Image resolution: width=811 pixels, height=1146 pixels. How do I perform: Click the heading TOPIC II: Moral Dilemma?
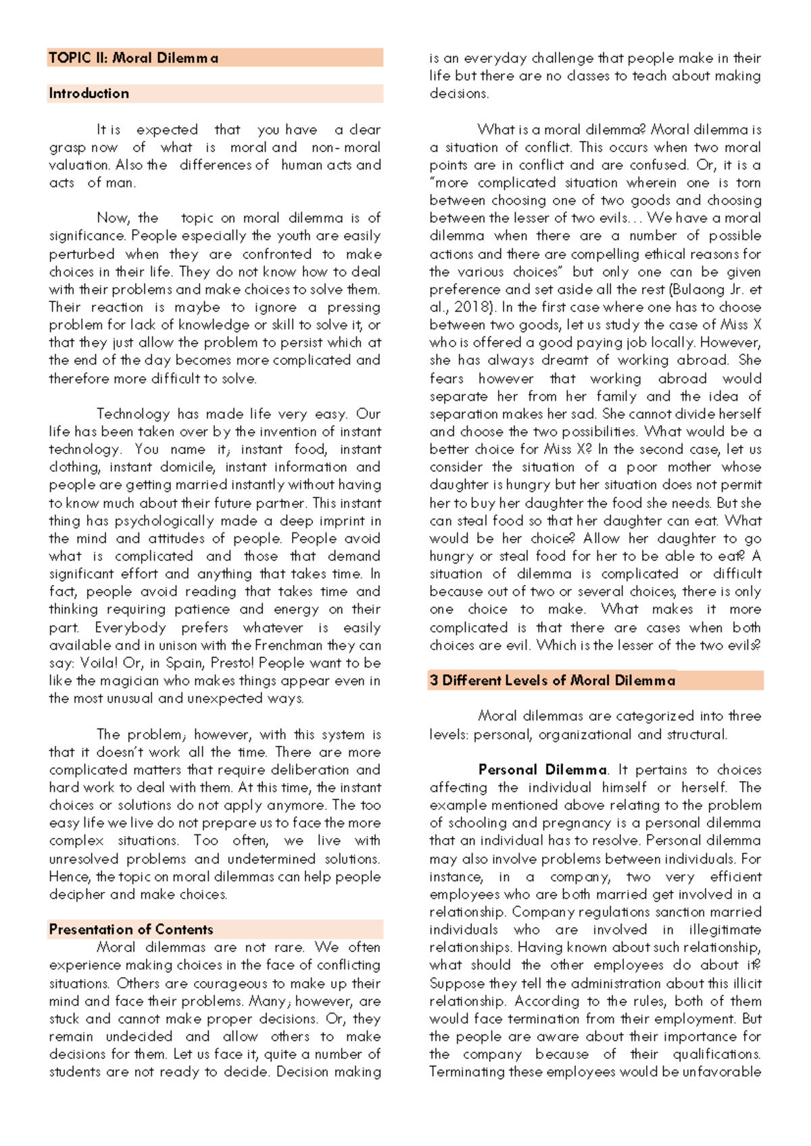coord(133,58)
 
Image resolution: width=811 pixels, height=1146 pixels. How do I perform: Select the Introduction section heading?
coord(89,94)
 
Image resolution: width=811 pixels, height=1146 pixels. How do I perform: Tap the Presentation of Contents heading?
coord(130,930)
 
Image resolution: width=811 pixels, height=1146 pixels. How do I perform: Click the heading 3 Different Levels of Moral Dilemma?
coord(551,681)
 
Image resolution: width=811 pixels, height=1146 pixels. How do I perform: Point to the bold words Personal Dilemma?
coord(542,770)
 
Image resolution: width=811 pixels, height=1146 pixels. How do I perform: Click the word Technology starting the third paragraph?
coord(133,414)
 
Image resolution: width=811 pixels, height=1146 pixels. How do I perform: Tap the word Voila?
coord(99,664)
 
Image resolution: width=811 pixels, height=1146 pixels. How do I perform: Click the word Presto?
coord(232,664)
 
